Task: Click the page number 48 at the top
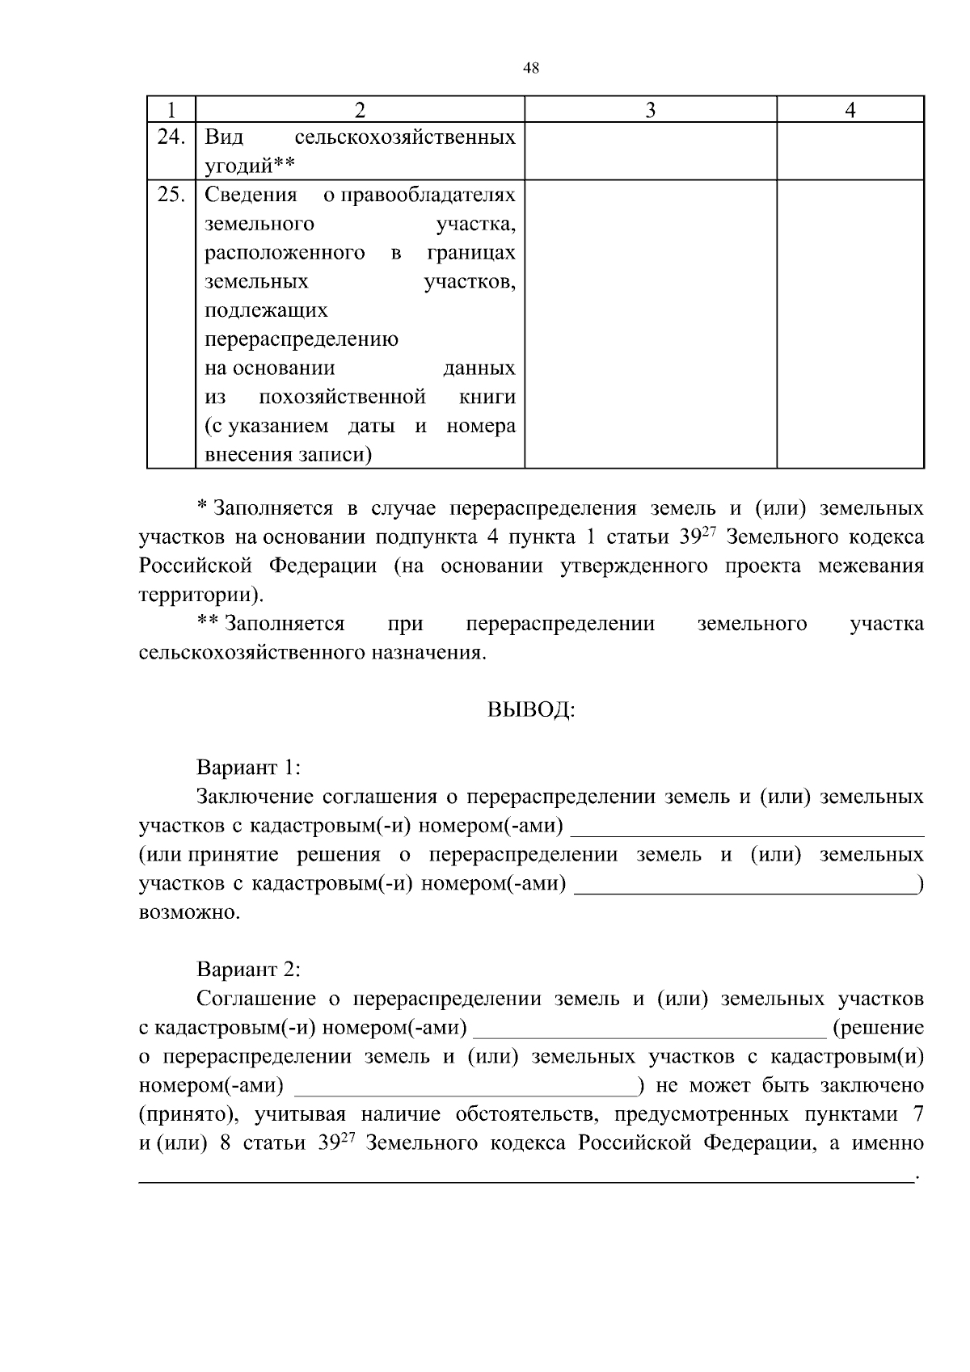point(531,69)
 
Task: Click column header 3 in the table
point(650,110)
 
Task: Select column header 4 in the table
point(850,110)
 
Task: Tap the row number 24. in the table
point(171,137)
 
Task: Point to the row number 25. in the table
point(171,195)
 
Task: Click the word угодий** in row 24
point(248,166)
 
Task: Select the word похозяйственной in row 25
point(342,397)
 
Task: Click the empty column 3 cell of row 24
point(650,151)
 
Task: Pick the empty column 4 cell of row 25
point(850,323)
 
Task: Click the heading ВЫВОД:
point(531,710)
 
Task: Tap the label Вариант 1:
point(248,767)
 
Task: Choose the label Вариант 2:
point(248,969)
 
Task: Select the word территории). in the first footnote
point(200,596)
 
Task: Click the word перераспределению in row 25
point(301,339)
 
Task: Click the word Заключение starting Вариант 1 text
point(255,797)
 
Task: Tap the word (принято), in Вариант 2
point(188,1115)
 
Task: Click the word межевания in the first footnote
point(871,566)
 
